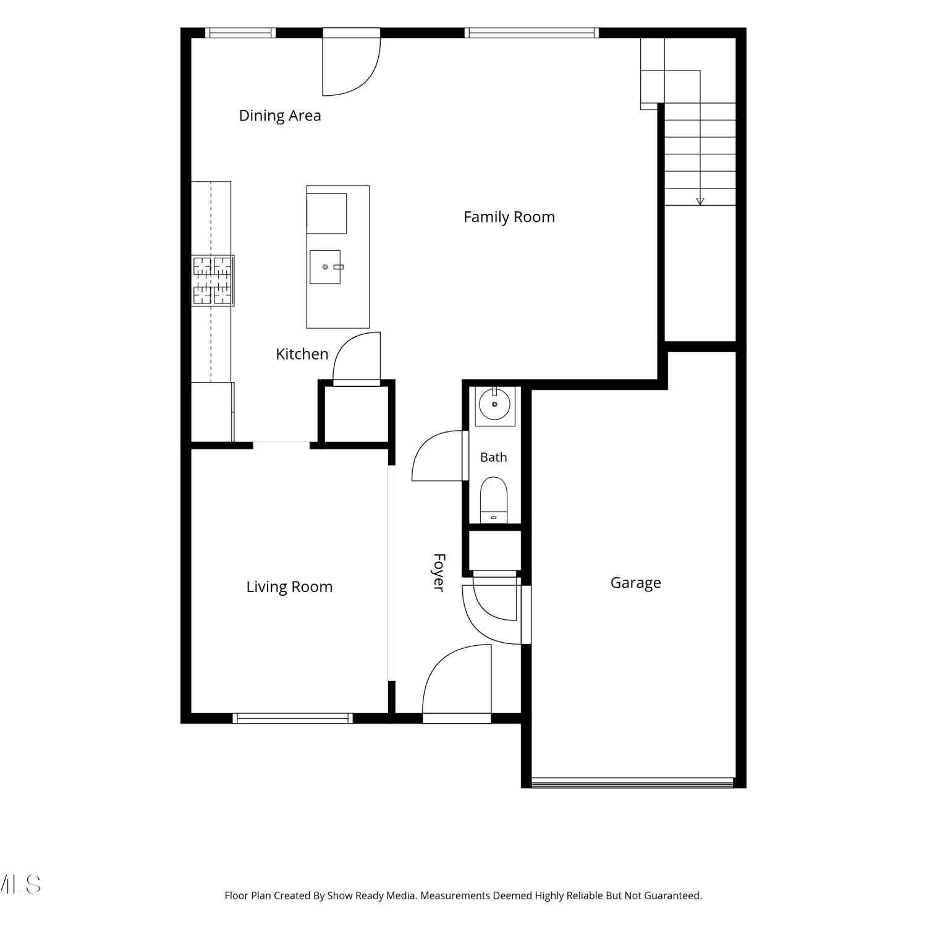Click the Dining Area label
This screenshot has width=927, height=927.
280,116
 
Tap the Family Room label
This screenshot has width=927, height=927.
509,217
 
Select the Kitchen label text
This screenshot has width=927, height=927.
302,354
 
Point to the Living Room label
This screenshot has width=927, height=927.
289,586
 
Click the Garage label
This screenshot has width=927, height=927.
636,583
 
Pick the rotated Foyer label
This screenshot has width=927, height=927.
439,573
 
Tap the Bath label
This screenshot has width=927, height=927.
493,457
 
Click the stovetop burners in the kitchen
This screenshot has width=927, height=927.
213,281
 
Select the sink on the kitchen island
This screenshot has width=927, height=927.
325,267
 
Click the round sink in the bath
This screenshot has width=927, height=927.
494,405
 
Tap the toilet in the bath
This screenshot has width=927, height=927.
494,500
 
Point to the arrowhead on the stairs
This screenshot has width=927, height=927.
700,201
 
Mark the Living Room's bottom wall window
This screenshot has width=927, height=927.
293,718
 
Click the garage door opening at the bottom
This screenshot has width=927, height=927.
632,782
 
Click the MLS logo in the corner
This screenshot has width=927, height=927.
20,884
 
